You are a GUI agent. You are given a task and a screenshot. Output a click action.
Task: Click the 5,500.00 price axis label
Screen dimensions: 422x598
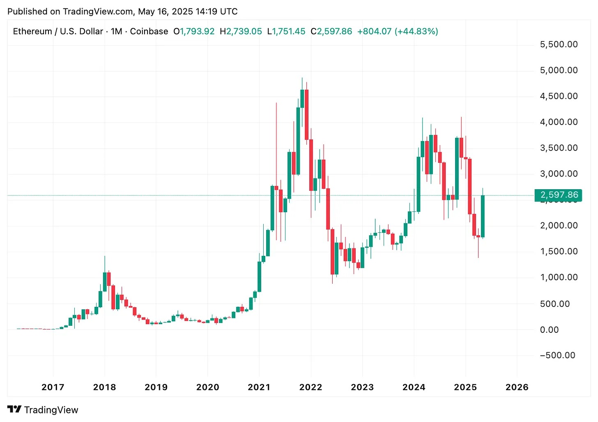(x=559, y=44)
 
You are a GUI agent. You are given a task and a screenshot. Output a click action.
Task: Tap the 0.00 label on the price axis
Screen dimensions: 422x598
(x=549, y=330)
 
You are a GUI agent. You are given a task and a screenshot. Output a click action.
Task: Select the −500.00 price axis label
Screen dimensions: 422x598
(x=557, y=355)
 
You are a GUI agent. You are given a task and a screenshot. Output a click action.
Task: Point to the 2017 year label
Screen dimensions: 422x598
(x=53, y=387)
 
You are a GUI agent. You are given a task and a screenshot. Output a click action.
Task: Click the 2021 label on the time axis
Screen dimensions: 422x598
(x=259, y=387)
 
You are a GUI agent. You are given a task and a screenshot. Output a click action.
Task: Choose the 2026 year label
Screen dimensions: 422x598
(x=517, y=387)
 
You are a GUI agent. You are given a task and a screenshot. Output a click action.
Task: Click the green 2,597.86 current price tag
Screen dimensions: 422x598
(x=559, y=195)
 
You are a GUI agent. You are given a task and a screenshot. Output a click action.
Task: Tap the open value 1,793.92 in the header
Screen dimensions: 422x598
(x=197, y=31)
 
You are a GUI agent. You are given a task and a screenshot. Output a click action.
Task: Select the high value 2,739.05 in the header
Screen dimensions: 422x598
(x=244, y=31)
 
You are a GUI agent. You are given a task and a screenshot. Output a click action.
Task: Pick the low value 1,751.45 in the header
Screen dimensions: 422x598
(x=289, y=31)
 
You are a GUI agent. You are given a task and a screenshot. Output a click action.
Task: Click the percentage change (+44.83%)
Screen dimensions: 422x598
(x=416, y=31)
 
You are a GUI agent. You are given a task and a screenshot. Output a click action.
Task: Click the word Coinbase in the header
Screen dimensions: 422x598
(x=149, y=31)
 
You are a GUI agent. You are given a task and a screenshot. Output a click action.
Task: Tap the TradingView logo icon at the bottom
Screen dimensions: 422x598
(x=14, y=409)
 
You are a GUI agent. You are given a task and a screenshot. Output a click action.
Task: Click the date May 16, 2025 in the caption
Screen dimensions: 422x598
(x=166, y=12)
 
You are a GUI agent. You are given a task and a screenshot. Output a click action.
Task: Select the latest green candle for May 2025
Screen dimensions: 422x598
(x=483, y=216)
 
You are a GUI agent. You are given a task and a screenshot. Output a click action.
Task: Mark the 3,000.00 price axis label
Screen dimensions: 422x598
(x=559, y=174)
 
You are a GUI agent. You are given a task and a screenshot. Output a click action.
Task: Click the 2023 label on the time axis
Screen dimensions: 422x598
(x=362, y=387)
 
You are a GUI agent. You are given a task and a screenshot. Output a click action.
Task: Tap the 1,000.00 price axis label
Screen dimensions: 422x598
(x=559, y=277)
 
